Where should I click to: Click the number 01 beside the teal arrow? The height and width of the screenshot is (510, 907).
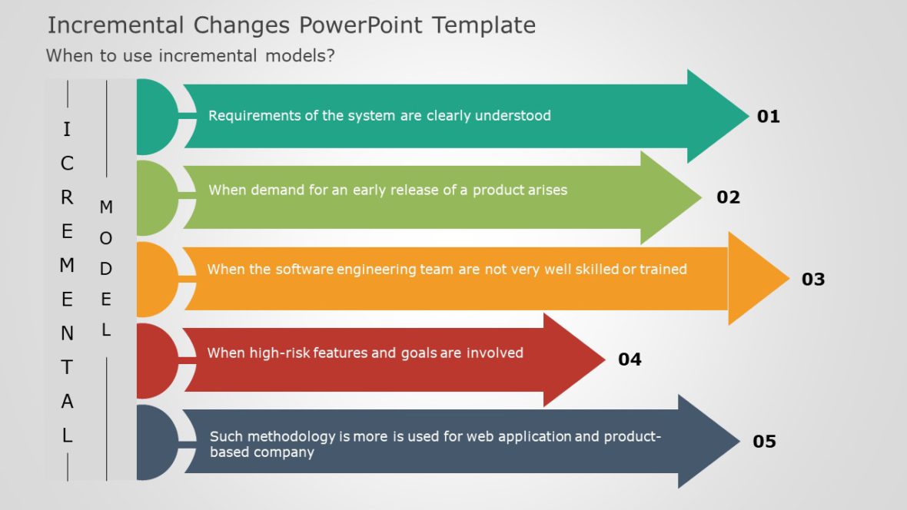click(x=768, y=117)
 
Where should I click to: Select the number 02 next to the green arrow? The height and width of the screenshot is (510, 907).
click(x=728, y=197)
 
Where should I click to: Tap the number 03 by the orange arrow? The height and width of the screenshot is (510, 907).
click(x=812, y=280)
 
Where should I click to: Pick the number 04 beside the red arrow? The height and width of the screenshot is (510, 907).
click(x=630, y=359)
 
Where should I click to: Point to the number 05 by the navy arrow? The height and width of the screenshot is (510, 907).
click(x=764, y=442)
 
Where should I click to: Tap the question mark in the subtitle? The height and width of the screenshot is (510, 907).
click(x=331, y=56)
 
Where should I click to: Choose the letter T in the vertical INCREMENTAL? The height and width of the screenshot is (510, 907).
click(x=68, y=368)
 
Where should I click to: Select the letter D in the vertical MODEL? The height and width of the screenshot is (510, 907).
click(x=106, y=270)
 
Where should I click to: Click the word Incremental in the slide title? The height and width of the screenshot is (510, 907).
click(x=115, y=25)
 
